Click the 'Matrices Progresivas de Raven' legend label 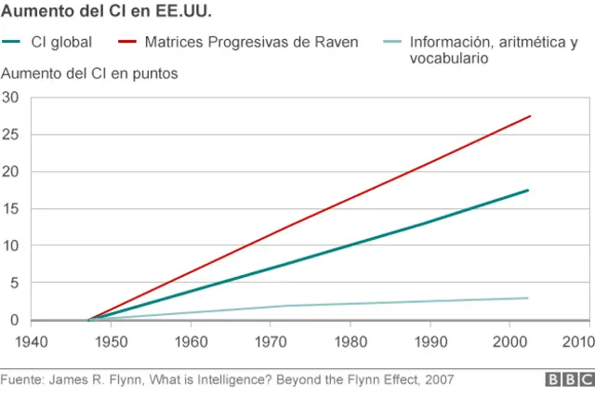[x=251, y=43]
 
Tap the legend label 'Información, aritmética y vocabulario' [x=493, y=50]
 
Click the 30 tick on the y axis [x=10, y=98]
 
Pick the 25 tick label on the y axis [x=10, y=135]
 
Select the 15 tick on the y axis [x=10, y=209]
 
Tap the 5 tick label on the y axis [x=14, y=283]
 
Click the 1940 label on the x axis [x=33, y=341]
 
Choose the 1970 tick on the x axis [x=271, y=341]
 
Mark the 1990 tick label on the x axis [x=430, y=341]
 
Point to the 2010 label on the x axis [x=577, y=341]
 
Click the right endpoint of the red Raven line [x=529, y=116]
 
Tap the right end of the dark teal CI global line [x=528, y=191]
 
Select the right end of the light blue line [x=528, y=298]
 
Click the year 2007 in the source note [x=440, y=380]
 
